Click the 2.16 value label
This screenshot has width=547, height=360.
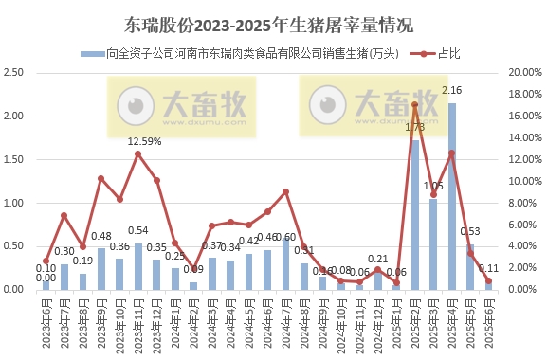(452, 91)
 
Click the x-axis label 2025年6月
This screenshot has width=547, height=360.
(487, 321)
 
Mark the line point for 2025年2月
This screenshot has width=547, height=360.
(415, 105)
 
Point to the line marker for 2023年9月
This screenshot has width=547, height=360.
(101, 178)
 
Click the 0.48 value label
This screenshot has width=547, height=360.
(101, 237)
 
